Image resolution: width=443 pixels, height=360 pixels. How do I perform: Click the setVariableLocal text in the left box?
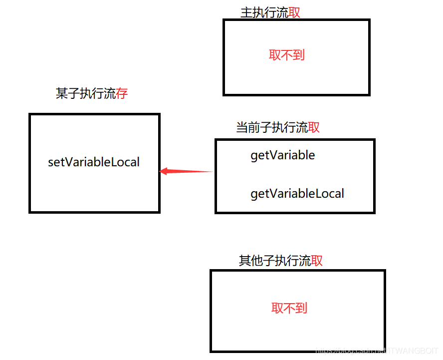click(x=94, y=162)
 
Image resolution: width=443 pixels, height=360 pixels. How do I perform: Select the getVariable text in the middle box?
click(x=282, y=155)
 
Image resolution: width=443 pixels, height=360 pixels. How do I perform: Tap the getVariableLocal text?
click(x=297, y=193)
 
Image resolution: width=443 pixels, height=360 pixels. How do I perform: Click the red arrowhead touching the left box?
click(x=164, y=172)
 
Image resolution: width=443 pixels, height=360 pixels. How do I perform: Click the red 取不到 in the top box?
click(x=287, y=55)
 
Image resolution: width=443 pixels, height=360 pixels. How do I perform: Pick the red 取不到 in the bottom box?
click(x=289, y=308)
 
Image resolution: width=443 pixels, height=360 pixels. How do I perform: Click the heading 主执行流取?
click(x=270, y=13)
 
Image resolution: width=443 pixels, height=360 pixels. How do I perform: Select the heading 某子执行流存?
click(x=92, y=93)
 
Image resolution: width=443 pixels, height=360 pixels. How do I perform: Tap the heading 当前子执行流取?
click(x=278, y=128)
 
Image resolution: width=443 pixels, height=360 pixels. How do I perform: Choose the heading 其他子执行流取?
click(x=281, y=261)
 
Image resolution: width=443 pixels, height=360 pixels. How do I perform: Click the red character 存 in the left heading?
click(x=122, y=93)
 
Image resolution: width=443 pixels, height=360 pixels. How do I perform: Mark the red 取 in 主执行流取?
click(x=294, y=13)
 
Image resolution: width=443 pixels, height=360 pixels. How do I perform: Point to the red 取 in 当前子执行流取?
click(x=314, y=128)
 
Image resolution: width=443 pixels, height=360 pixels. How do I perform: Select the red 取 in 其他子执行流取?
click(x=317, y=261)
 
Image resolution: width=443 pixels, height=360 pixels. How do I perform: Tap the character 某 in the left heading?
click(x=62, y=93)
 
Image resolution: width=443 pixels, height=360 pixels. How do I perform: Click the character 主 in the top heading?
click(x=246, y=13)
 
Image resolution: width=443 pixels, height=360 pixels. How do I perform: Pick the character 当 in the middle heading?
click(x=242, y=128)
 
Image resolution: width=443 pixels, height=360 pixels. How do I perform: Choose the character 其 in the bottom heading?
click(x=245, y=261)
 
